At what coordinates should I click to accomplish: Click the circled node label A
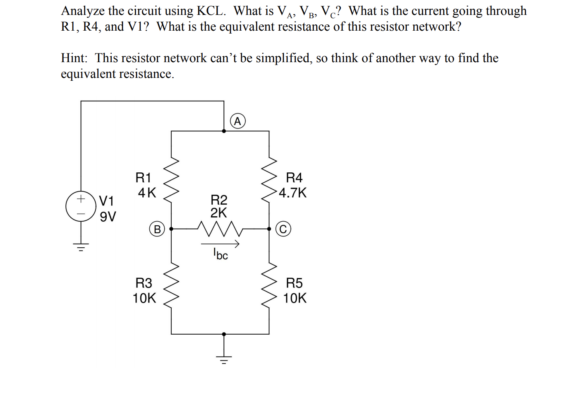coord(237,121)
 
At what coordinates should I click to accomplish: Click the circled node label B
coord(157,229)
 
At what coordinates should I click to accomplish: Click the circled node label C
coord(283,229)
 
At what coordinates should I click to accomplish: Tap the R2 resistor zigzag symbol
coord(219,229)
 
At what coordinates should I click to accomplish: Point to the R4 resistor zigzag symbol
coord(269,179)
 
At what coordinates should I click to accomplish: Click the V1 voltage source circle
coord(81,206)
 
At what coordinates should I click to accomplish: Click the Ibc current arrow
coord(220,244)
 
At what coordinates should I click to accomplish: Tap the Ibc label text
coord(220,254)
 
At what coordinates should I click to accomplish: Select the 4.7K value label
coord(293,193)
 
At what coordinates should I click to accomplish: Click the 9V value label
coord(108,217)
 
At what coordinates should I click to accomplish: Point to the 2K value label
coord(218,213)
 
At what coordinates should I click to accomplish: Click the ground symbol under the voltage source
coord(81,248)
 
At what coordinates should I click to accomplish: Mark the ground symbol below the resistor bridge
coord(224,359)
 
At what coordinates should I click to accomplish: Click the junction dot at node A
coord(224,131)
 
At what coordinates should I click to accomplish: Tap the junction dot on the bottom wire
coord(224,334)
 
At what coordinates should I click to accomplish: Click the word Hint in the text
coord(74,58)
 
